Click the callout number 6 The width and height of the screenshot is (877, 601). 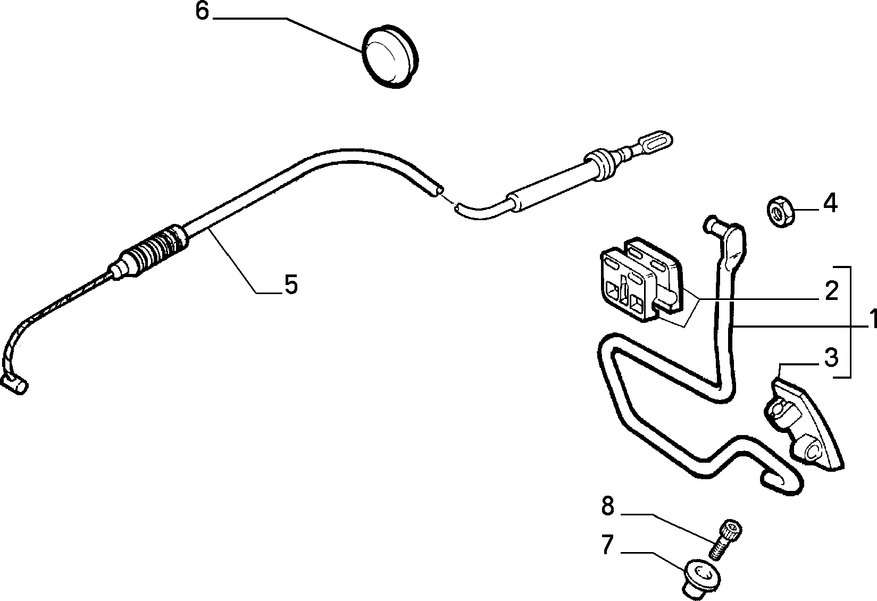203,12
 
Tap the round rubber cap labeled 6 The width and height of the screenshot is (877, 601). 390,56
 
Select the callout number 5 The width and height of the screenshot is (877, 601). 291,284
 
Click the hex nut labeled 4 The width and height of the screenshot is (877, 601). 780,212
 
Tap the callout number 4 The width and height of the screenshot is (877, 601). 830,203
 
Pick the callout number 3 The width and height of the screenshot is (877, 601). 831,357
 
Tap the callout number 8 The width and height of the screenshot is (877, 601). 607,506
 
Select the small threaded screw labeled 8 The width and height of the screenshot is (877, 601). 725,539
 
